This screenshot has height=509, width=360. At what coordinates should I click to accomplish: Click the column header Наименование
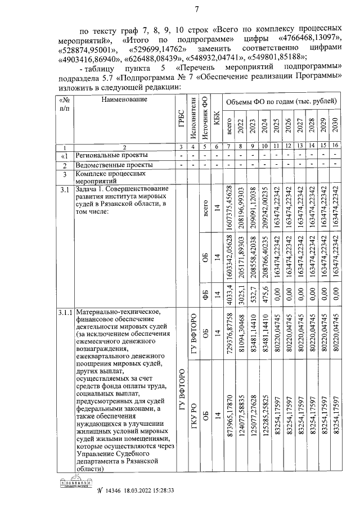(x=124, y=100)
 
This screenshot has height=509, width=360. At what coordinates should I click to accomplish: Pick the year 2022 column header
(x=241, y=127)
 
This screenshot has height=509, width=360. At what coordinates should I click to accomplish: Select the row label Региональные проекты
(x=111, y=155)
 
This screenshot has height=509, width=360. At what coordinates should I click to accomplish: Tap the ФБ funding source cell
(x=205, y=294)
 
